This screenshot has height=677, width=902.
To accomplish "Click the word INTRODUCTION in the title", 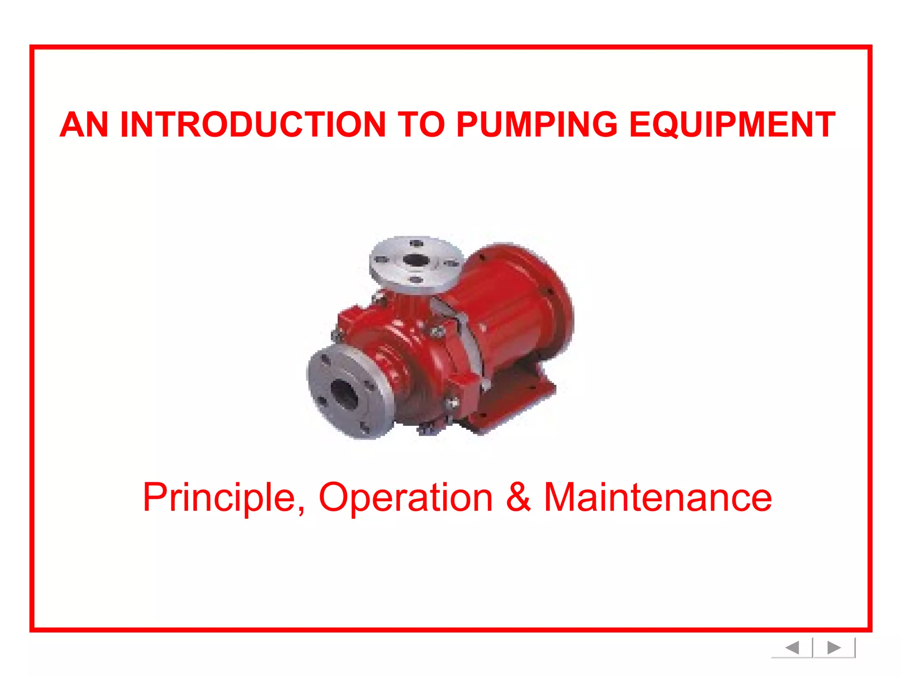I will pos(253,125).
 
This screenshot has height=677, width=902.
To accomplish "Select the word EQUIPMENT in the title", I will pos(732,125).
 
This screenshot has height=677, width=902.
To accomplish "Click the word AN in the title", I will pos(84,125).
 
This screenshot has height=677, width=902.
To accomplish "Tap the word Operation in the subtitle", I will pos(405,498).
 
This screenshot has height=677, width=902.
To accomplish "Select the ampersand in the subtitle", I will pos(518,497).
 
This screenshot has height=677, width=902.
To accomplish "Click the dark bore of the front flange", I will pos(344,393).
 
